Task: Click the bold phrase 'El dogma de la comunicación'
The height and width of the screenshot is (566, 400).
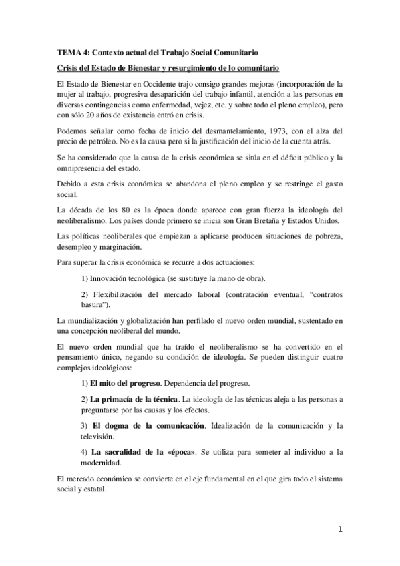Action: tap(146, 425)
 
